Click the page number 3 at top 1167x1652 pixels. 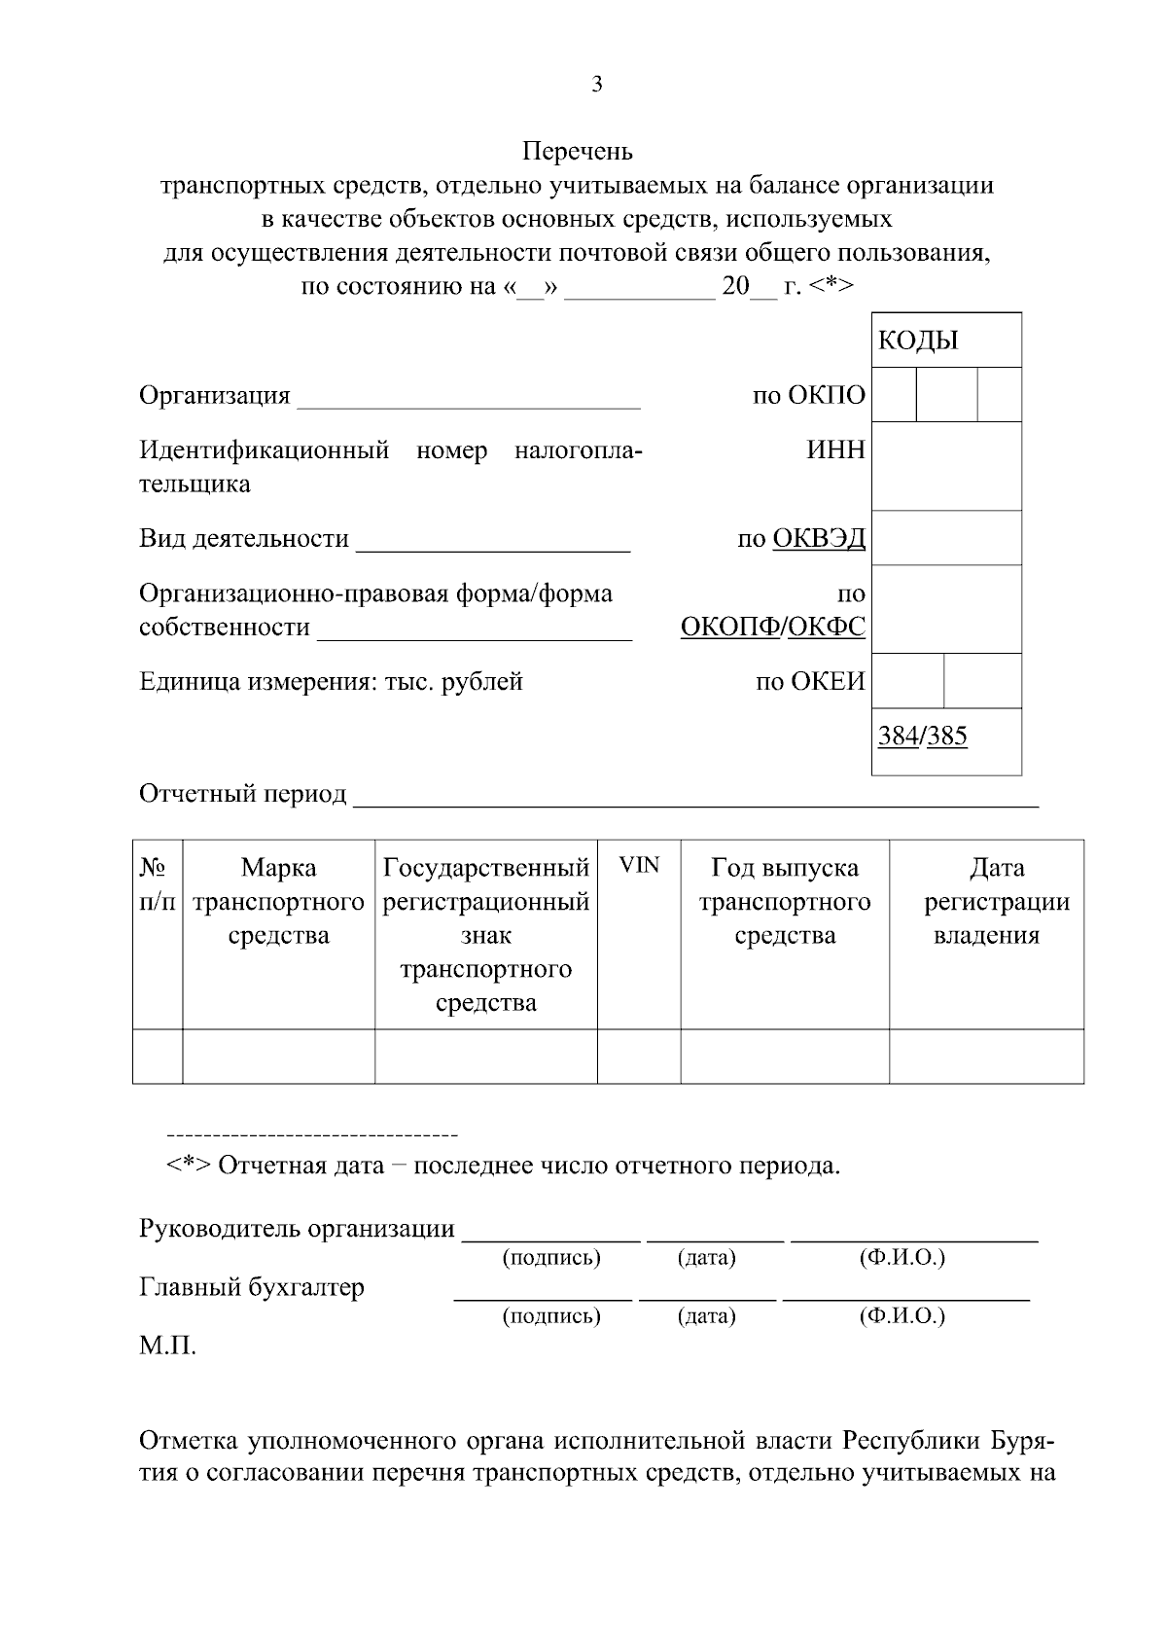(596, 85)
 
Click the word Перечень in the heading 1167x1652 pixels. (577, 152)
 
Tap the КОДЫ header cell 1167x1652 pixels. (918, 341)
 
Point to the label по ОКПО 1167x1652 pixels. (808, 395)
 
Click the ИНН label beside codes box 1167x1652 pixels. (835, 449)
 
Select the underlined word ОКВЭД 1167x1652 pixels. (818, 538)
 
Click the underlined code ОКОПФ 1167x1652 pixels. (730, 627)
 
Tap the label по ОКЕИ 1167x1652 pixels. (810, 681)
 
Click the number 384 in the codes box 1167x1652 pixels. (898, 736)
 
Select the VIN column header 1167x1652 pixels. (639, 865)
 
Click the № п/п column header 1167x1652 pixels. (157, 883)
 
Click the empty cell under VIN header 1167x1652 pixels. (639, 1056)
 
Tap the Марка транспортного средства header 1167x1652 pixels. (278, 901)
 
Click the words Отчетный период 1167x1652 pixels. (242, 794)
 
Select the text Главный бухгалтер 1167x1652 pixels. (252, 1287)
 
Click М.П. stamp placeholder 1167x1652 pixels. (167, 1347)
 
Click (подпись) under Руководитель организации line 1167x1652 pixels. (550, 1258)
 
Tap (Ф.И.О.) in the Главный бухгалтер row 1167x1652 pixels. (902, 1316)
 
